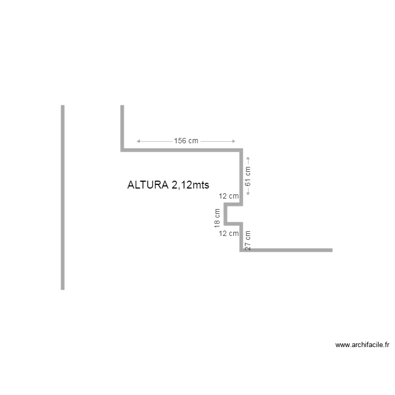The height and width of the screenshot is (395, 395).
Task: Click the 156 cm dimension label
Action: (186, 141)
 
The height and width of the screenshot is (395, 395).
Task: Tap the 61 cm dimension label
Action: (248, 176)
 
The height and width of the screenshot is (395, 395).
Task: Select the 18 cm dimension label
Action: (217, 218)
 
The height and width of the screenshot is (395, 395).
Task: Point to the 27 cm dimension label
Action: (248, 240)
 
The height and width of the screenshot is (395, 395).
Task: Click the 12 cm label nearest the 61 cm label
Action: (229, 196)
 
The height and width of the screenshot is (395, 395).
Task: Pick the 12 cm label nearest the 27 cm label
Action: (229, 233)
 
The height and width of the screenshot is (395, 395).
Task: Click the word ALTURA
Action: (148, 185)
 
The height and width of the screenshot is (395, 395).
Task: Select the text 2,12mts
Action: (191, 185)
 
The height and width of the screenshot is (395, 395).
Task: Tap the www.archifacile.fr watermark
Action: (362, 345)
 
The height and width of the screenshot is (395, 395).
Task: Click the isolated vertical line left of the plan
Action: (63, 197)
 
